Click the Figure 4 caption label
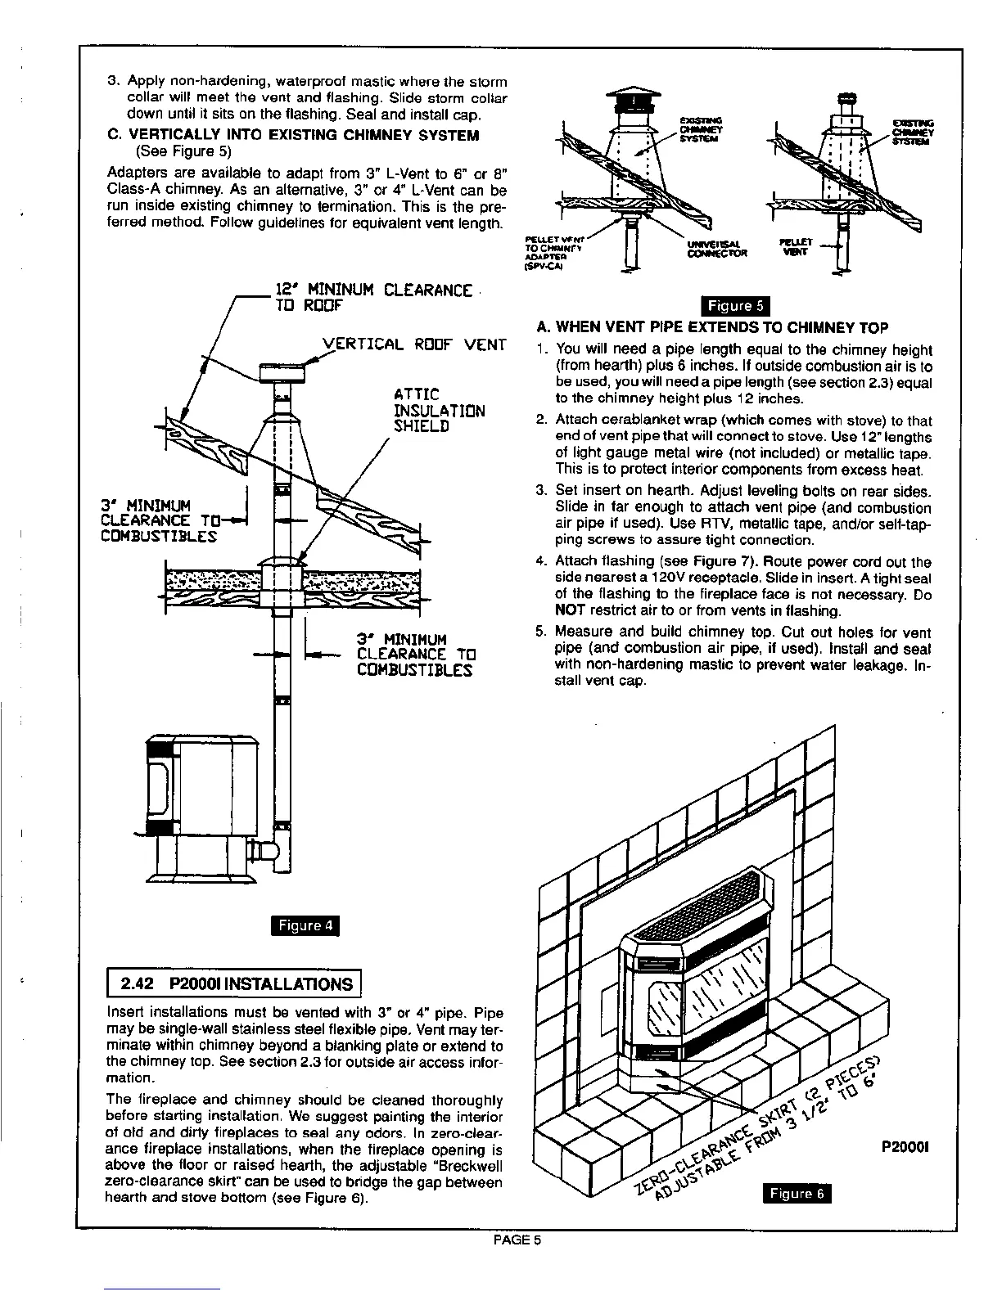[x=304, y=925]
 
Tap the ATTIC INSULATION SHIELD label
[x=439, y=411]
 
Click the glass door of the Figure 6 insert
[x=712, y=999]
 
